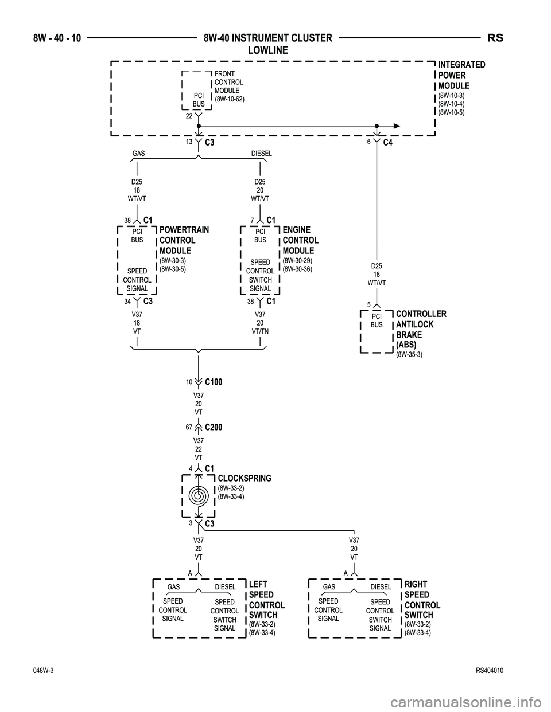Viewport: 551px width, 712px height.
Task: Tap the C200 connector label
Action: click(x=213, y=428)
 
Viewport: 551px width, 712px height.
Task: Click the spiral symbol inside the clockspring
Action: click(x=198, y=495)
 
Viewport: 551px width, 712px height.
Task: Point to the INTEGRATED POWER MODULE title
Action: click(x=461, y=75)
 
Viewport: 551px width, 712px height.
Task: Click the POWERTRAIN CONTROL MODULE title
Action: click(x=184, y=240)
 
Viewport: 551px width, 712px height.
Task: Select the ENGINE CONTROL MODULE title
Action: click(x=301, y=240)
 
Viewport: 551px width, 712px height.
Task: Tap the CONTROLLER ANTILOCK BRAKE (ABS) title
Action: click(x=421, y=329)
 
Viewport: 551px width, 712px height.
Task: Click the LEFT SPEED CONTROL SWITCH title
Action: click(x=266, y=600)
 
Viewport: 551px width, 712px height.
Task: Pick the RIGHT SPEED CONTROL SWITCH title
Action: click(x=422, y=600)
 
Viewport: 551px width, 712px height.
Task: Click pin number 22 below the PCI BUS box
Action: click(x=188, y=115)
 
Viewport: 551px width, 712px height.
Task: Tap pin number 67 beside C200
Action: click(x=188, y=428)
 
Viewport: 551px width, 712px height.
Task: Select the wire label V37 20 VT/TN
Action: click(x=260, y=323)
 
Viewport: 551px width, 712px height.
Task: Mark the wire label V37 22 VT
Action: click(x=198, y=449)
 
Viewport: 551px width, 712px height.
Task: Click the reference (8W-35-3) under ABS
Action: click(x=409, y=355)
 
